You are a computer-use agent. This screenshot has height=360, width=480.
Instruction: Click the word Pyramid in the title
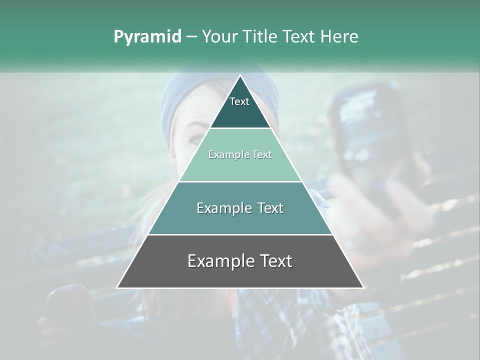[147, 37]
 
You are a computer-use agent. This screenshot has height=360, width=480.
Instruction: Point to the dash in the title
[191, 37]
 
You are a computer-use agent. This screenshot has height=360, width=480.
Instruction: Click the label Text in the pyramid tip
[239, 101]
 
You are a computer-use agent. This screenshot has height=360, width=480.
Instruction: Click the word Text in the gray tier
[275, 261]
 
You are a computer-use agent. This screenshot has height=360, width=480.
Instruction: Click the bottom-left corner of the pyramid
[117, 288]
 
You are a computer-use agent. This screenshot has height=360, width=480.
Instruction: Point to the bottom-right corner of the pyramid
[363, 288]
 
